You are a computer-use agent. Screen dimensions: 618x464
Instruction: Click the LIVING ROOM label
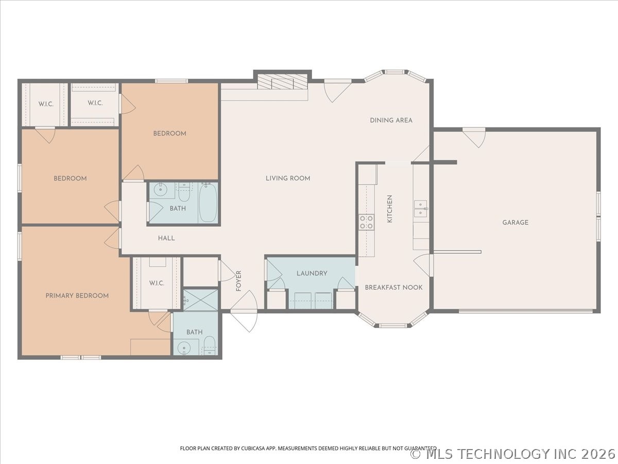point(288,178)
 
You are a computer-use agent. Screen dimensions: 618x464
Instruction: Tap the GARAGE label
point(515,222)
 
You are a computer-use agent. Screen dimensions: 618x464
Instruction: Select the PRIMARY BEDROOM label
point(77,295)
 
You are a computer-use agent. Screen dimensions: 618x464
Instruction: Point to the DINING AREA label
point(391,120)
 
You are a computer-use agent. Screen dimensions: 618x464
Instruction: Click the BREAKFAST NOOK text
point(393,287)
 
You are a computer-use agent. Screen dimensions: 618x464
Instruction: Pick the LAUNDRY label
point(312,273)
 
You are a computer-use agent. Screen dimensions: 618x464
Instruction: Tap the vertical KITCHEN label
point(390,209)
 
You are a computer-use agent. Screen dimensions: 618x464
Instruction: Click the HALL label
point(166,238)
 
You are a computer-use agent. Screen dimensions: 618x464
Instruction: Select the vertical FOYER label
point(238,281)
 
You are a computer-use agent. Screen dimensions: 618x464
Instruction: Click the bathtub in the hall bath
point(208,203)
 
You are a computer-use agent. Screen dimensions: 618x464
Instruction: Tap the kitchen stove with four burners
point(366,222)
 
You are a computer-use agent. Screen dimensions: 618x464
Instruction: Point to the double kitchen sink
point(420,209)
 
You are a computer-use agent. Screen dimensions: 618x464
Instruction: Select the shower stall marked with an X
point(201,300)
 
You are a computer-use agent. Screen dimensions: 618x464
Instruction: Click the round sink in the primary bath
point(184,348)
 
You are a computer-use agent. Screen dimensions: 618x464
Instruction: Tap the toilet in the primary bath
point(209,346)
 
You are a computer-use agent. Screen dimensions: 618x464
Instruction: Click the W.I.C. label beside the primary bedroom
point(157,283)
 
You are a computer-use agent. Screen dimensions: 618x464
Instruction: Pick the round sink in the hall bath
point(161,189)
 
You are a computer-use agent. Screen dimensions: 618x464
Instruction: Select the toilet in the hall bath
point(184,192)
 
